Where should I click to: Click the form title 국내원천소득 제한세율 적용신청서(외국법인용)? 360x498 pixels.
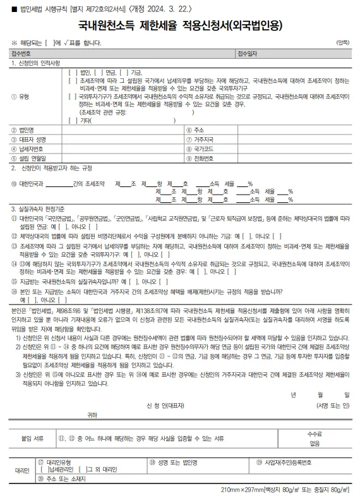(x=179, y=27)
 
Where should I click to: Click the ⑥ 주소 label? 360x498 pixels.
(x=198, y=130)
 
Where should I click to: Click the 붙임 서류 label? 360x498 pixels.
(x=31, y=437)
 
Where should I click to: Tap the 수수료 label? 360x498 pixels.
(x=315, y=434)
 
